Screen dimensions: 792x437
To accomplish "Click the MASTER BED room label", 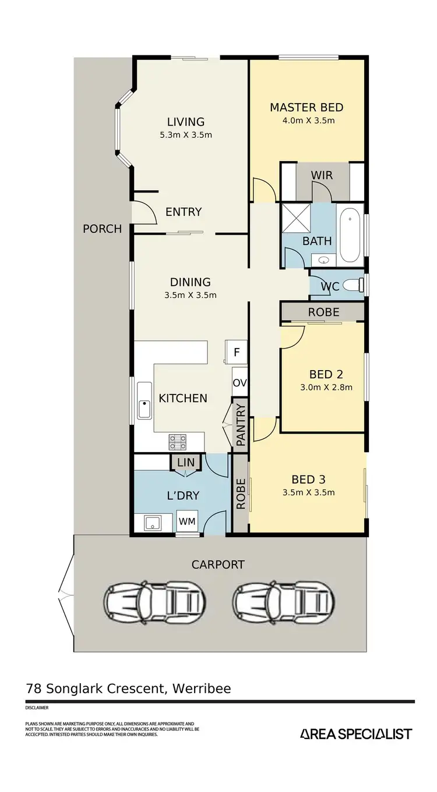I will pos(306,108).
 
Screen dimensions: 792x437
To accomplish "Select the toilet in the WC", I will pos(353,285).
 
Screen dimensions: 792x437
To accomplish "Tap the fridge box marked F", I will pos(237,352).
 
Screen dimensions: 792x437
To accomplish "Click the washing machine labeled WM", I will pos(187,521).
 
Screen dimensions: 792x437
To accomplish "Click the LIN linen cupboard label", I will pos(186,462).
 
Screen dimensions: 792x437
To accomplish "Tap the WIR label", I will pos(322,175).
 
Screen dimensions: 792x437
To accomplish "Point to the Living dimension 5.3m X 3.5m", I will pos(186,135).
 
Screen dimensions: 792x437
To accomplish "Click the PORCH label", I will pos(103,229).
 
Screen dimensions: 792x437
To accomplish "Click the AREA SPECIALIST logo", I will pos(356,734).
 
